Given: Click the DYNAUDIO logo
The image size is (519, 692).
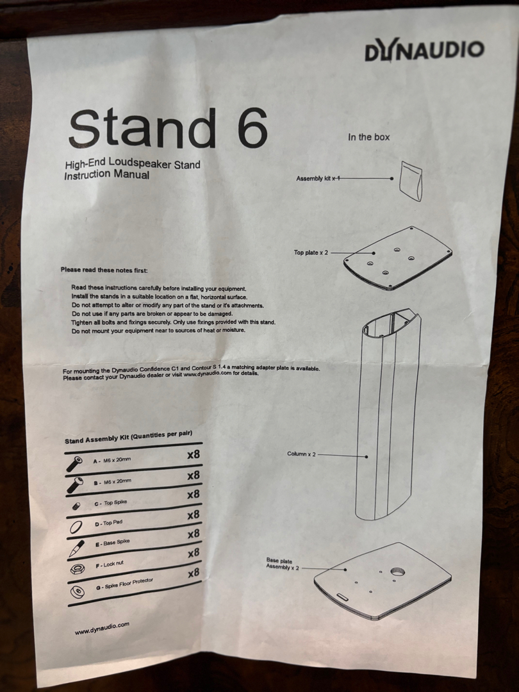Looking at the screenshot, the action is tap(424, 49).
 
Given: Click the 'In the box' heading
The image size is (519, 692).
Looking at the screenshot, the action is tap(368, 137).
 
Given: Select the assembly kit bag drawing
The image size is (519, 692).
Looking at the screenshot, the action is tap(411, 181).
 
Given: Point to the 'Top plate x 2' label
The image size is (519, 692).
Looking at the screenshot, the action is tap(311, 252).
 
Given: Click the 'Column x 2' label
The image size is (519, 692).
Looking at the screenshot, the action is tap(301, 454).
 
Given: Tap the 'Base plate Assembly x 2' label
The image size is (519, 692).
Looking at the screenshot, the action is tap(282, 564).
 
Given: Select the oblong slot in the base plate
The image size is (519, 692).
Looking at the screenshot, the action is tap(343, 597).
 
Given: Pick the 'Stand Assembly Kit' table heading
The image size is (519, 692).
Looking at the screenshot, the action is tap(128, 437).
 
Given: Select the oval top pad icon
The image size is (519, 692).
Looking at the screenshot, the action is tap(76, 527).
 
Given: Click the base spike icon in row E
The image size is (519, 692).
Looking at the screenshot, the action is tap(76, 548).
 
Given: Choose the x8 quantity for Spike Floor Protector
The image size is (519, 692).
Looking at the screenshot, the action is tap(194, 573).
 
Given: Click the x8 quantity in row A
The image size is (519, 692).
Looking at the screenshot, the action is tap(194, 454).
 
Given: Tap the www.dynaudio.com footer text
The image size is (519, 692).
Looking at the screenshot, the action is tap(102, 628).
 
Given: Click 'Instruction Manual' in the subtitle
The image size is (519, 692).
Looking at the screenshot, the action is tap(107, 175).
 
